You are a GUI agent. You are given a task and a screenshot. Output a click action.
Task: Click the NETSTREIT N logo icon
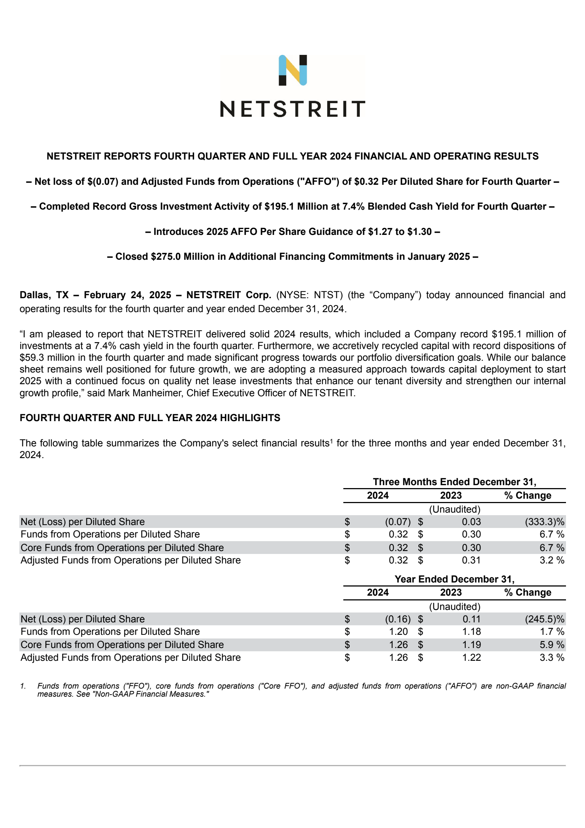click(x=292, y=70)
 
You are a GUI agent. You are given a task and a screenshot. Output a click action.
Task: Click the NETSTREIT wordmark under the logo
click(x=292, y=109)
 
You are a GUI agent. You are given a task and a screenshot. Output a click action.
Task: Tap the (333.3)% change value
click(x=544, y=522)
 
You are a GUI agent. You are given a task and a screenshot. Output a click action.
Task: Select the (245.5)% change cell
click(x=544, y=619)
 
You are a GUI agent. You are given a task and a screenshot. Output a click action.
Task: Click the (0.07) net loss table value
click(x=397, y=522)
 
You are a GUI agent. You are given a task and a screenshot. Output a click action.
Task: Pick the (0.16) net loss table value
click(x=397, y=619)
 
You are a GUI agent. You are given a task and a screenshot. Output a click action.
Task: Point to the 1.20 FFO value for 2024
click(x=398, y=632)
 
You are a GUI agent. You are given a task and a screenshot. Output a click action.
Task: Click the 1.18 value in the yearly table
click(x=471, y=632)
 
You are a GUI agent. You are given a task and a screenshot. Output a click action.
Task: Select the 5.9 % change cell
click(x=552, y=644)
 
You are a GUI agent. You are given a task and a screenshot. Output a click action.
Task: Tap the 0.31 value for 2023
click(x=471, y=560)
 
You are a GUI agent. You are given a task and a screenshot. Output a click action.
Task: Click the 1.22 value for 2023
click(x=471, y=657)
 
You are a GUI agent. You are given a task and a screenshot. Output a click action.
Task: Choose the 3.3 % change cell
click(x=552, y=657)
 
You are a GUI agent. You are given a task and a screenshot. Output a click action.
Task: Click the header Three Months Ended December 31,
click(x=454, y=482)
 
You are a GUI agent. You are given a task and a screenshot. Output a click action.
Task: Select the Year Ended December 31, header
click(x=454, y=579)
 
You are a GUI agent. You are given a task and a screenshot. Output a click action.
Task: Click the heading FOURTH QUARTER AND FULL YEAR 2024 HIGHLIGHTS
click(x=150, y=418)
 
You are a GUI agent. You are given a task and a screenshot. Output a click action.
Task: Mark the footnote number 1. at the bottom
click(x=23, y=686)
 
